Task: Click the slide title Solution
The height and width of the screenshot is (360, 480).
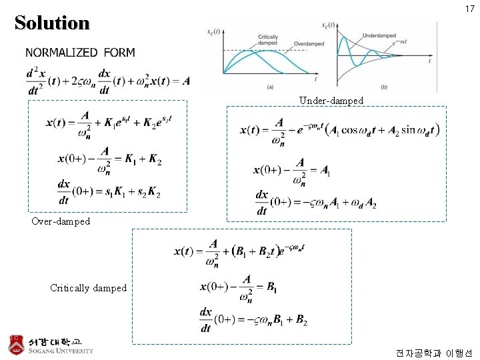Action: tap(52, 23)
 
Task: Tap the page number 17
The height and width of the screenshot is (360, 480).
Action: tap(470, 9)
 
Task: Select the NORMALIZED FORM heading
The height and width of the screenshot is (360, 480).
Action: tap(80, 53)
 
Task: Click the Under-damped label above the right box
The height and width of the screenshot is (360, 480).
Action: tap(331, 101)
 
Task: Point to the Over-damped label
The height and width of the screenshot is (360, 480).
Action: tap(61, 221)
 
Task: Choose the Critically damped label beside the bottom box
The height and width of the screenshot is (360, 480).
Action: tap(88, 288)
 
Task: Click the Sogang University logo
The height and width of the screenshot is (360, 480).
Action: tap(51, 345)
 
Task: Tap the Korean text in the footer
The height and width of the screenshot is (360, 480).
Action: tap(433, 352)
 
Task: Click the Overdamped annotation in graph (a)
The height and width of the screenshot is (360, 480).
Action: tap(309, 44)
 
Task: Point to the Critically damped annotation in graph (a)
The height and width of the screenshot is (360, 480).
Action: tap(267, 39)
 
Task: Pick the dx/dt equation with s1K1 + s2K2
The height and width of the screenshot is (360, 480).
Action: tap(109, 191)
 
